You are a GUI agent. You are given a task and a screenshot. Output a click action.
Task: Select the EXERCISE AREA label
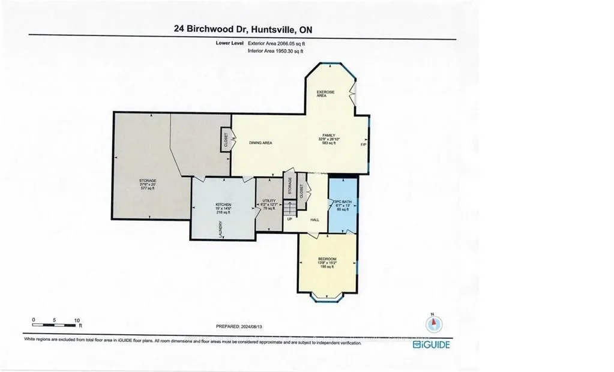[326, 94]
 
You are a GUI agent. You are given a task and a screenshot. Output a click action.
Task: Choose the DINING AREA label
[261, 143]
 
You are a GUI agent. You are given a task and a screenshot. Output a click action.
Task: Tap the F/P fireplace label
[363, 145]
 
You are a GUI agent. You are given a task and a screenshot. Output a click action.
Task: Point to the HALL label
[315, 220]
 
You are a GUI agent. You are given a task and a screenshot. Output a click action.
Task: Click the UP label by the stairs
[289, 219]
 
